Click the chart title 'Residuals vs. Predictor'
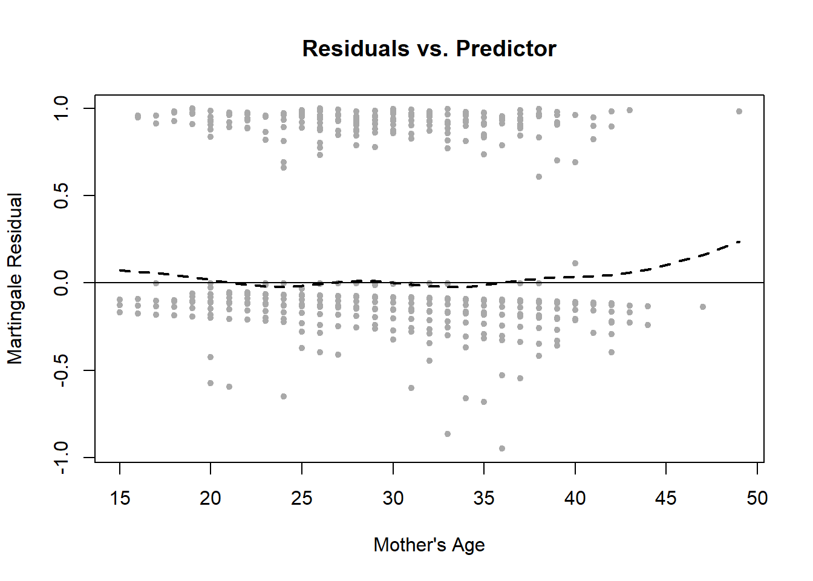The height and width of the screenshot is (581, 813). click(429, 48)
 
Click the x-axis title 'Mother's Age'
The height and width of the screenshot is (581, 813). click(429, 545)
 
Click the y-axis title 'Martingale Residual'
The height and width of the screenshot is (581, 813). click(15, 278)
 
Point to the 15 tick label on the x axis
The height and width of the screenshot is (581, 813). click(120, 498)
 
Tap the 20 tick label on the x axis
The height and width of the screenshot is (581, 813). click(211, 498)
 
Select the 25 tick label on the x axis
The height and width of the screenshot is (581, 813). click(302, 498)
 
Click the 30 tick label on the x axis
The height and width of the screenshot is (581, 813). click(393, 498)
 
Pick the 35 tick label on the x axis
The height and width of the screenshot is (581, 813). click(484, 498)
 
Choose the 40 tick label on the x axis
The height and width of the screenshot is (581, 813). click(575, 498)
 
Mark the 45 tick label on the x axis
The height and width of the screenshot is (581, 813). click(666, 498)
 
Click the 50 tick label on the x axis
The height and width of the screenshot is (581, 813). click(757, 498)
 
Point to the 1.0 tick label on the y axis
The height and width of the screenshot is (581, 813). click(62, 108)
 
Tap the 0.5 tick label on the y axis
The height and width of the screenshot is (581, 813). click(62, 195)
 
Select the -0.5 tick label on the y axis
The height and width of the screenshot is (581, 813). click(62, 370)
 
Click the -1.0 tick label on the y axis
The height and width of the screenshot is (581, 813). click(62, 457)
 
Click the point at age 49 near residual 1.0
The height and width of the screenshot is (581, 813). click(739, 111)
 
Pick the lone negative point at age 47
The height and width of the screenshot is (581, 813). click(703, 307)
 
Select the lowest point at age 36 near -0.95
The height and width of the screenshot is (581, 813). click(502, 448)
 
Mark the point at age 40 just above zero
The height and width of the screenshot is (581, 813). click(575, 263)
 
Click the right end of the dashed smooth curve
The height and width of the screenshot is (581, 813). click(739, 241)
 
